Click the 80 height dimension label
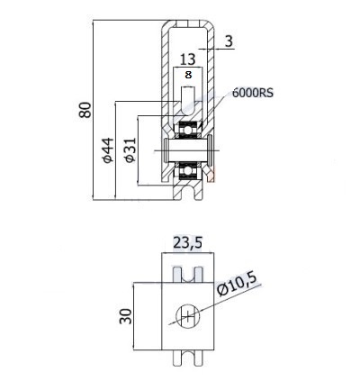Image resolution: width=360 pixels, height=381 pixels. pos(85,110)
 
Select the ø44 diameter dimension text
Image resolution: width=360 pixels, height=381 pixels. pos(108,150)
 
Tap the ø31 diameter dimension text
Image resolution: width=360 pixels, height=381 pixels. pos(130,150)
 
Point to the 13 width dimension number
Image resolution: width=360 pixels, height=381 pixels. pos(188,59)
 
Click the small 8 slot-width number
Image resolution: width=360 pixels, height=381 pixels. pos(188,75)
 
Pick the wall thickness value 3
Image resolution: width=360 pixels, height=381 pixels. pos(229,41)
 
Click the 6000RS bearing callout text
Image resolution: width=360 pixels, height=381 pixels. pos(253,93)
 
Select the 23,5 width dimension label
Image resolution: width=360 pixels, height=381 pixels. pos(188,243)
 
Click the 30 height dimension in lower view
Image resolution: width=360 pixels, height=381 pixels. pos(126,316)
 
